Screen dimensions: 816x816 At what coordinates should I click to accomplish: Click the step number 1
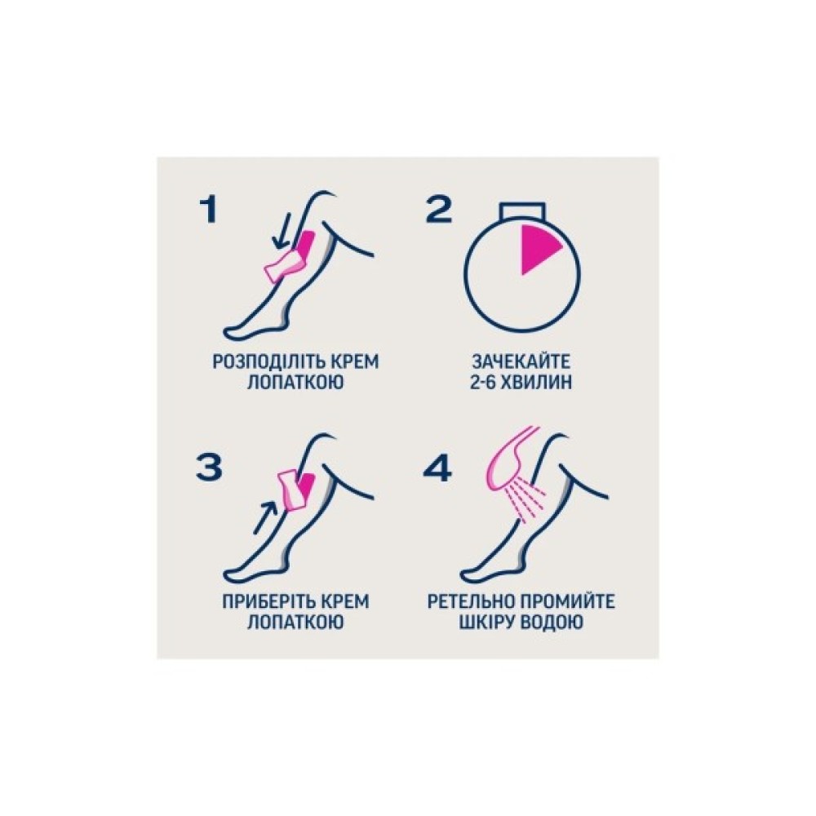(x=209, y=210)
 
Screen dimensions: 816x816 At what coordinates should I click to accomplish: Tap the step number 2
(x=438, y=210)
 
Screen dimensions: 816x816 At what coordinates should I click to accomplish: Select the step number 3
(x=209, y=467)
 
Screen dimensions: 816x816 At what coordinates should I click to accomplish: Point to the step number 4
(x=437, y=467)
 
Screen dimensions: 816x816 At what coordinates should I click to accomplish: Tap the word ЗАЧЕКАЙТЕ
(x=521, y=361)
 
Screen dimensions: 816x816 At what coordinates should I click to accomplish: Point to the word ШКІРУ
(x=486, y=622)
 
